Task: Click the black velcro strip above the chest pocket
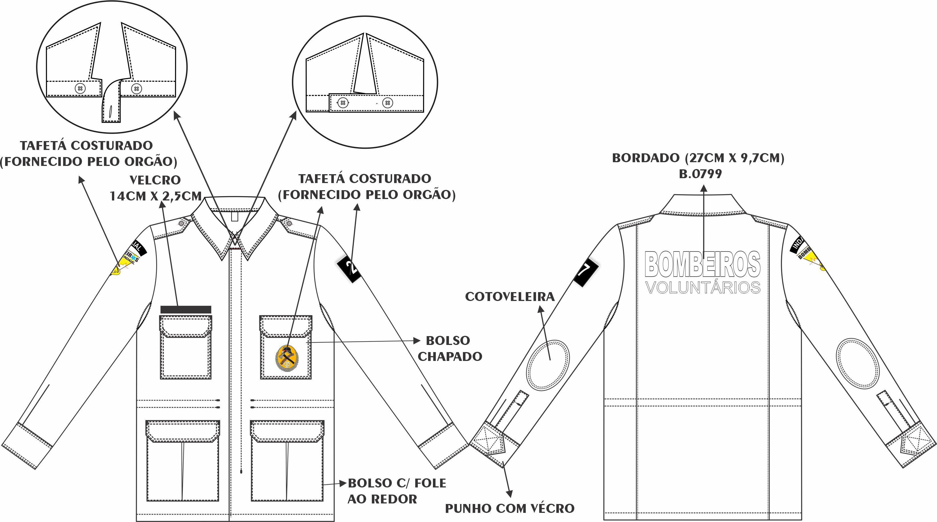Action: pyautogui.click(x=186, y=309)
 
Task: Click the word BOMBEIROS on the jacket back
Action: pyautogui.click(x=702, y=264)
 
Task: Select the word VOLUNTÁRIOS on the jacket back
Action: pyautogui.click(x=703, y=287)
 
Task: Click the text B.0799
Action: pyautogui.click(x=700, y=174)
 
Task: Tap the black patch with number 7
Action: pyautogui.click(x=586, y=271)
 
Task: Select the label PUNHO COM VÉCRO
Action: pyautogui.click(x=509, y=508)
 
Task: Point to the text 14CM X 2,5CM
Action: pyautogui.click(x=156, y=196)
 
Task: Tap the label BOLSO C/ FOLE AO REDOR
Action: pyautogui.click(x=396, y=491)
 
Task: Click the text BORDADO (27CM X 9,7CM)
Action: pyautogui.click(x=698, y=158)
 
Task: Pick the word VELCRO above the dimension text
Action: pyautogui.click(x=155, y=180)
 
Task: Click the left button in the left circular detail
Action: pyautogui.click(x=80, y=89)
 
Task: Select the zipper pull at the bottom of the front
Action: pyautogui.click(x=241, y=471)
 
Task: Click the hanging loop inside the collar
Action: pyautogui.click(x=235, y=216)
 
